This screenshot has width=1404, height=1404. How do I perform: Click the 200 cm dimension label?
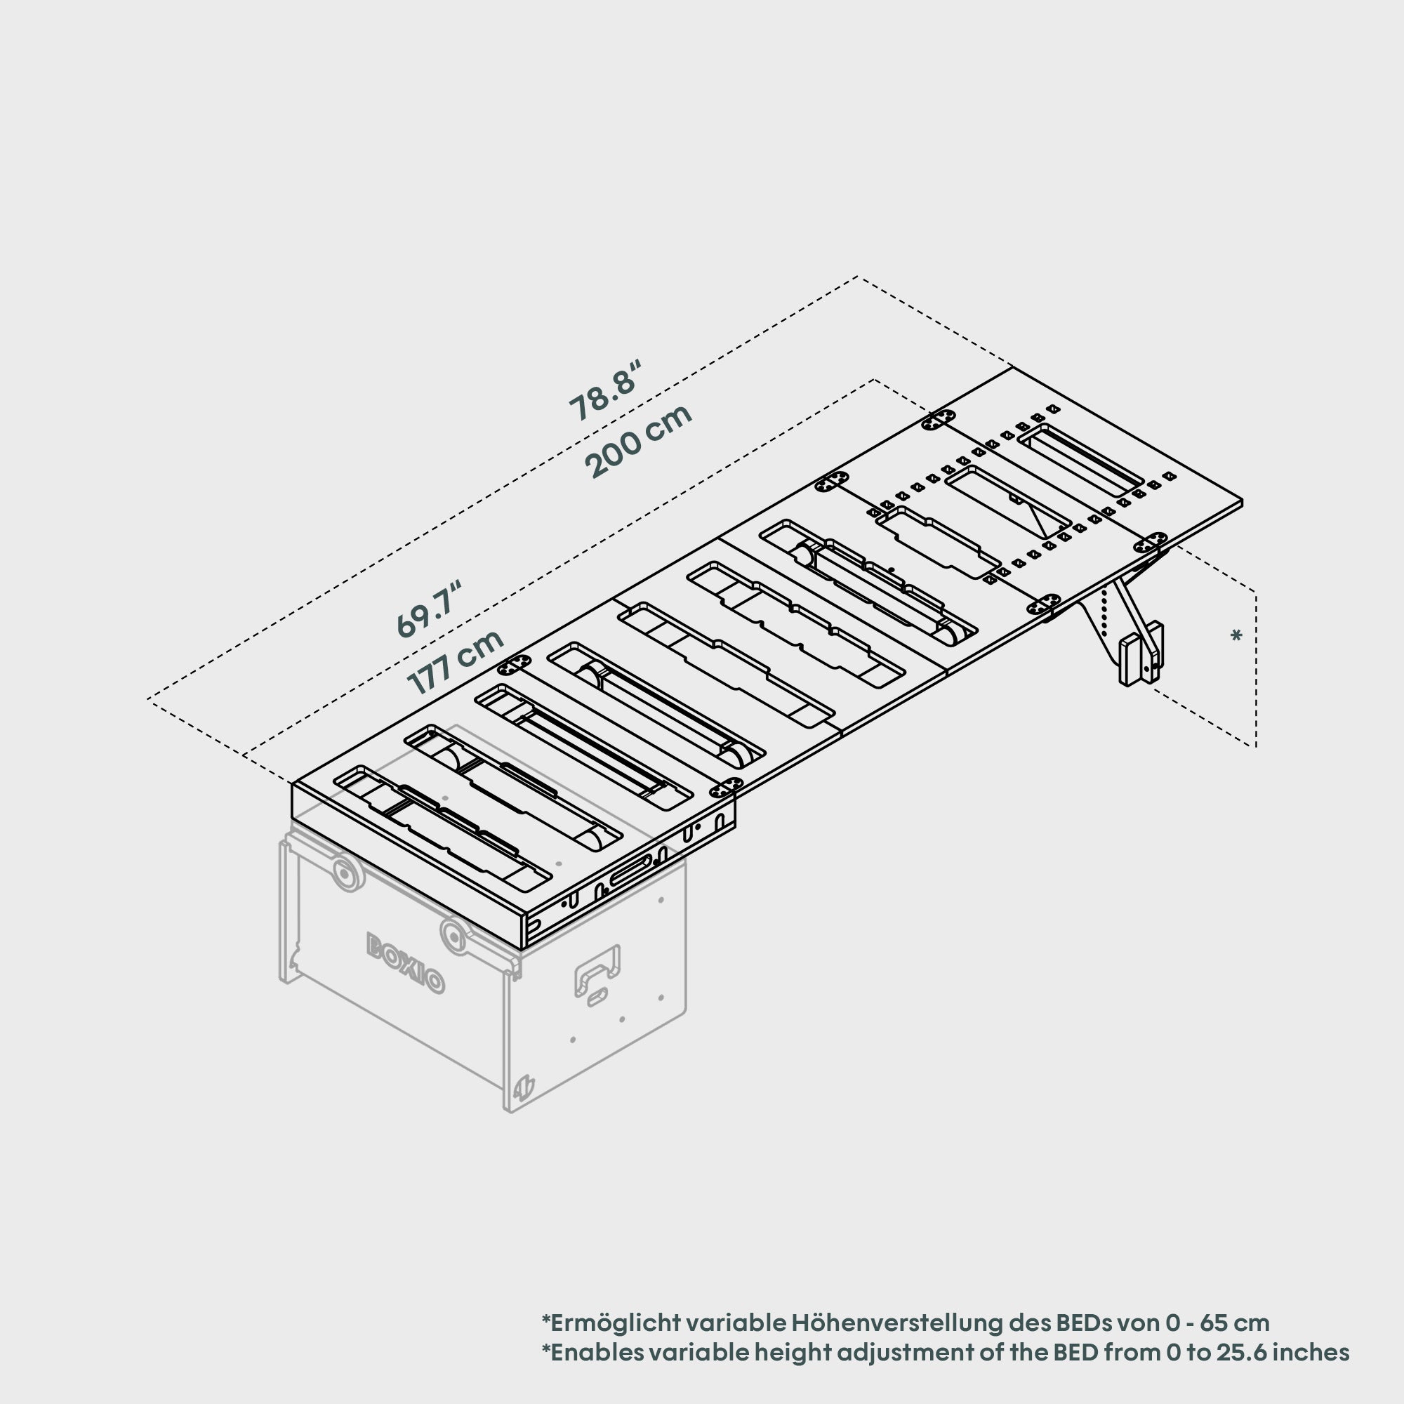pos(638,441)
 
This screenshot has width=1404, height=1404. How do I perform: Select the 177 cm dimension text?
pos(456,661)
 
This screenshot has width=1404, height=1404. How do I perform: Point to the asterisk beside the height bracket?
pos(1236,637)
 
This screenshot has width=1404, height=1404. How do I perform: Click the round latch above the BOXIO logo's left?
pos(349,874)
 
